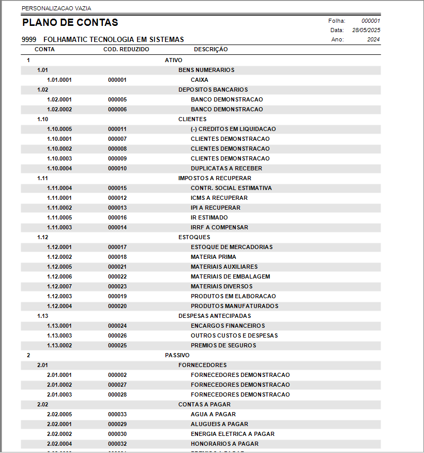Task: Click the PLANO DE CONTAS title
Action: [x=70, y=23]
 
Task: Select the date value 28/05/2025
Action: [x=366, y=30]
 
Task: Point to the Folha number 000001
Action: [x=371, y=21]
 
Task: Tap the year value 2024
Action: [x=373, y=39]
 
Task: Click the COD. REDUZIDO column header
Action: [x=127, y=50]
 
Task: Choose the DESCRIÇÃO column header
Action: [x=210, y=50]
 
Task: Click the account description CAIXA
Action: [x=200, y=80]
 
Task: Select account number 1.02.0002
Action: [x=59, y=110]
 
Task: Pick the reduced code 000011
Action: [x=117, y=129]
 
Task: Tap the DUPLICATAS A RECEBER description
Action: [x=226, y=169]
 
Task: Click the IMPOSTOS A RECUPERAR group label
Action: [x=215, y=179]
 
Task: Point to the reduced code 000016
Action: [x=117, y=218]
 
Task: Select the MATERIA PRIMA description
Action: [x=214, y=257]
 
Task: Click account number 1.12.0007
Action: [x=59, y=287]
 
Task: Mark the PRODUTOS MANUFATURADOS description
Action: [x=235, y=306]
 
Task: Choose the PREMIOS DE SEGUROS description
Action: [x=223, y=346]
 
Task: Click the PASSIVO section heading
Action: [x=177, y=356]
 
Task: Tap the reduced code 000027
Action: [x=117, y=385]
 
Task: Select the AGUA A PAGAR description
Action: [x=213, y=415]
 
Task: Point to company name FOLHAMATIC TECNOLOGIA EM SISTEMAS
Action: [x=114, y=40]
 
